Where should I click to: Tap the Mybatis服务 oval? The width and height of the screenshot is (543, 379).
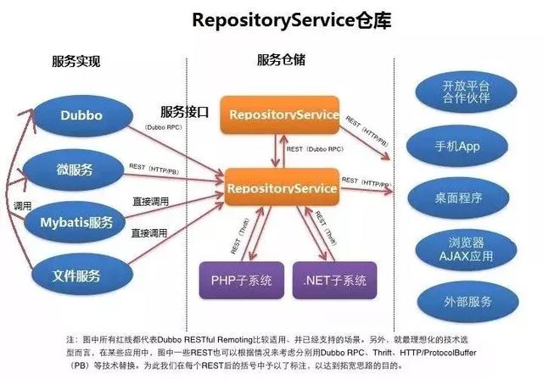[x=76, y=222]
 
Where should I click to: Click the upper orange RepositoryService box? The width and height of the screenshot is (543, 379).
[x=279, y=115]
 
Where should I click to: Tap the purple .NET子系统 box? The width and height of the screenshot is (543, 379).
[x=333, y=280]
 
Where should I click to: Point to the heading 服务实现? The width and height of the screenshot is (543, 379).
[x=76, y=62]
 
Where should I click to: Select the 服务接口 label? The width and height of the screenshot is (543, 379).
[x=185, y=112]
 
